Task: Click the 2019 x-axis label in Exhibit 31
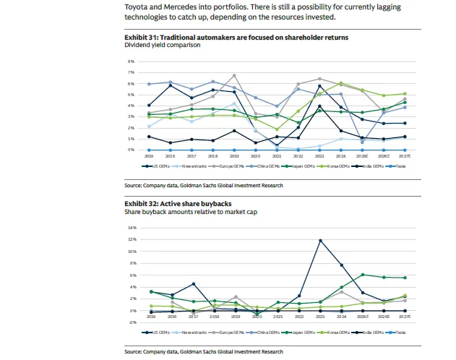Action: [233, 155]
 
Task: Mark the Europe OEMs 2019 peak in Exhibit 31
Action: [233, 75]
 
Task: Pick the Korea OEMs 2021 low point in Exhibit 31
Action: [276, 129]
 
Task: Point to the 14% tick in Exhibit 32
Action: [132, 228]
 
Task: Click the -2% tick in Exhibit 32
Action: [132, 322]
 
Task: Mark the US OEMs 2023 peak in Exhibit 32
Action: [320, 240]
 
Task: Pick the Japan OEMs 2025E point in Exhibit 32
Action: [362, 275]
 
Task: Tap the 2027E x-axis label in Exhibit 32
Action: [405, 317]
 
